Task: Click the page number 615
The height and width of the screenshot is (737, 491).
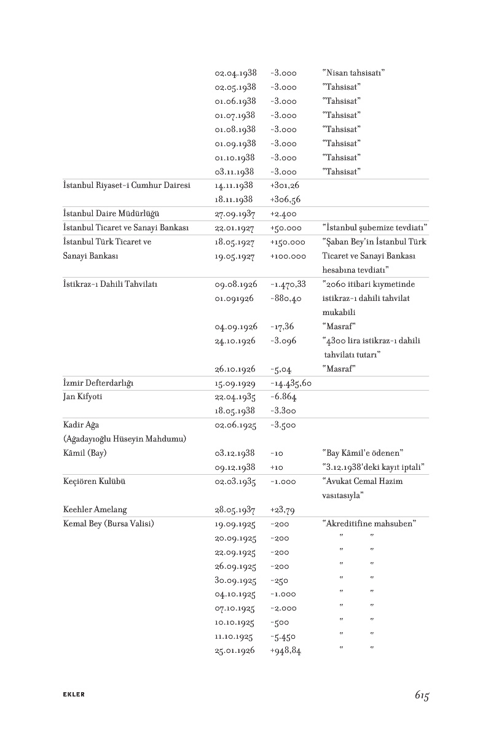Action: coord(421,695)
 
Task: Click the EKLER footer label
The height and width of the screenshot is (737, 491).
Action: coord(74,695)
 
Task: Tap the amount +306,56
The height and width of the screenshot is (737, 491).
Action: coord(285,200)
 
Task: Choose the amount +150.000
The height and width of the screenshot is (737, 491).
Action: coord(288,243)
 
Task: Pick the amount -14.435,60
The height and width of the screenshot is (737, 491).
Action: coord(291,383)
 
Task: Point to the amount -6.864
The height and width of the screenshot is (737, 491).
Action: coord(283,397)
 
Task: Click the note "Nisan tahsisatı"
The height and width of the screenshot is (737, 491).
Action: coord(353,73)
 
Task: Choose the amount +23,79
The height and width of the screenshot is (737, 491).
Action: coord(282,510)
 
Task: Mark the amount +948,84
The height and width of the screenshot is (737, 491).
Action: coord(285,650)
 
